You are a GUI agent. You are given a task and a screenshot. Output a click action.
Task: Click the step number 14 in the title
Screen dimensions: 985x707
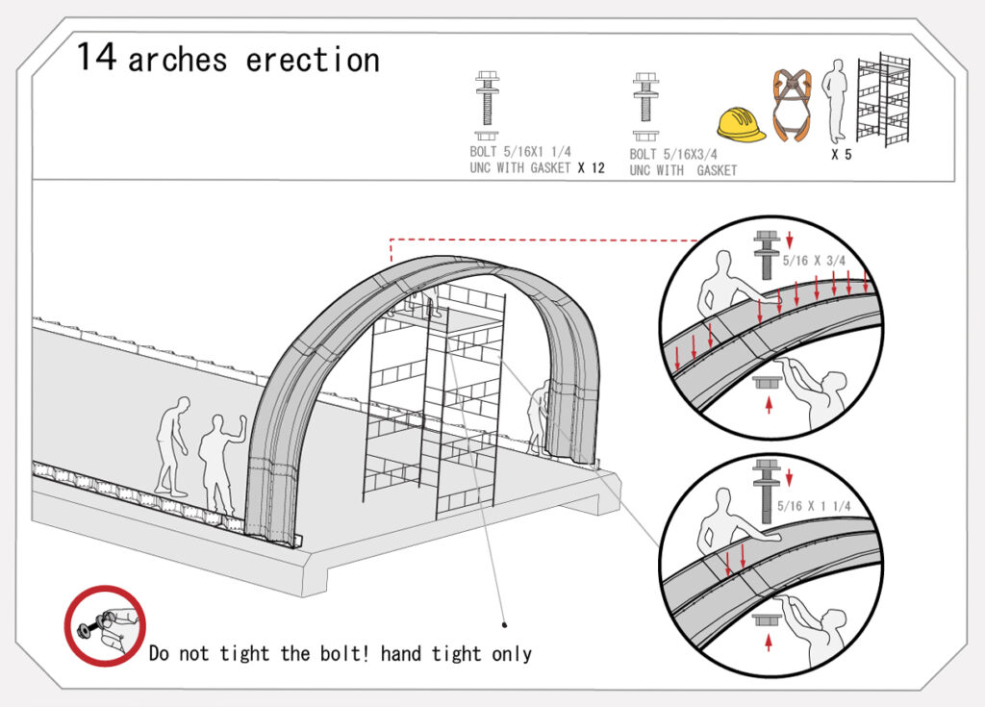[96, 57]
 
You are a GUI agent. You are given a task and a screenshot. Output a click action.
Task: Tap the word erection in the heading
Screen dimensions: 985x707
[313, 61]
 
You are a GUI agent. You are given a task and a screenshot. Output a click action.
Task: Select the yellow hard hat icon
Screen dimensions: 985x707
[742, 124]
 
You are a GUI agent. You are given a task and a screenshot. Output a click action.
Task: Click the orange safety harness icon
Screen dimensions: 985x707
[791, 105]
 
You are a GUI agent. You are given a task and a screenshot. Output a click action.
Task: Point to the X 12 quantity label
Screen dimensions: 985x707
[592, 167]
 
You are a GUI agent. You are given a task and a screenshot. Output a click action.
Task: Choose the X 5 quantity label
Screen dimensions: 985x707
[841, 155]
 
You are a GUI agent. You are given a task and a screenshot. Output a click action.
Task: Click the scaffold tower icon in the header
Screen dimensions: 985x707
[884, 100]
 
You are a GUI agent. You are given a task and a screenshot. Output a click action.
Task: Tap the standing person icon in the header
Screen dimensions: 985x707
[836, 102]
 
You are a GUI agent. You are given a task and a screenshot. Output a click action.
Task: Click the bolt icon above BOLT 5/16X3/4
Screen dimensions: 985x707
[645, 106]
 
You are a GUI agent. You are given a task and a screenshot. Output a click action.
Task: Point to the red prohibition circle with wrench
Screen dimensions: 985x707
[105, 626]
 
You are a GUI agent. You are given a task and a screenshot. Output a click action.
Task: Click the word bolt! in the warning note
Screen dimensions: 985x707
[344, 653]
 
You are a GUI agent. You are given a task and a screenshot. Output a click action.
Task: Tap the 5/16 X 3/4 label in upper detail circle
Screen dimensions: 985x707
[814, 260]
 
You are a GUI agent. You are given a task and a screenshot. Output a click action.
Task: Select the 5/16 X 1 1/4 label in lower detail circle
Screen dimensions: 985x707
[814, 506]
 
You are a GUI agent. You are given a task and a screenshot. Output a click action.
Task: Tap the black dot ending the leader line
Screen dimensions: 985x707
[504, 624]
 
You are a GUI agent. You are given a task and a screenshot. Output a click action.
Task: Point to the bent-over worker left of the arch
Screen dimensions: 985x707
[173, 445]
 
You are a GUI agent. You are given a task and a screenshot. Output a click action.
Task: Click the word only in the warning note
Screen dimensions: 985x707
[512, 654]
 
